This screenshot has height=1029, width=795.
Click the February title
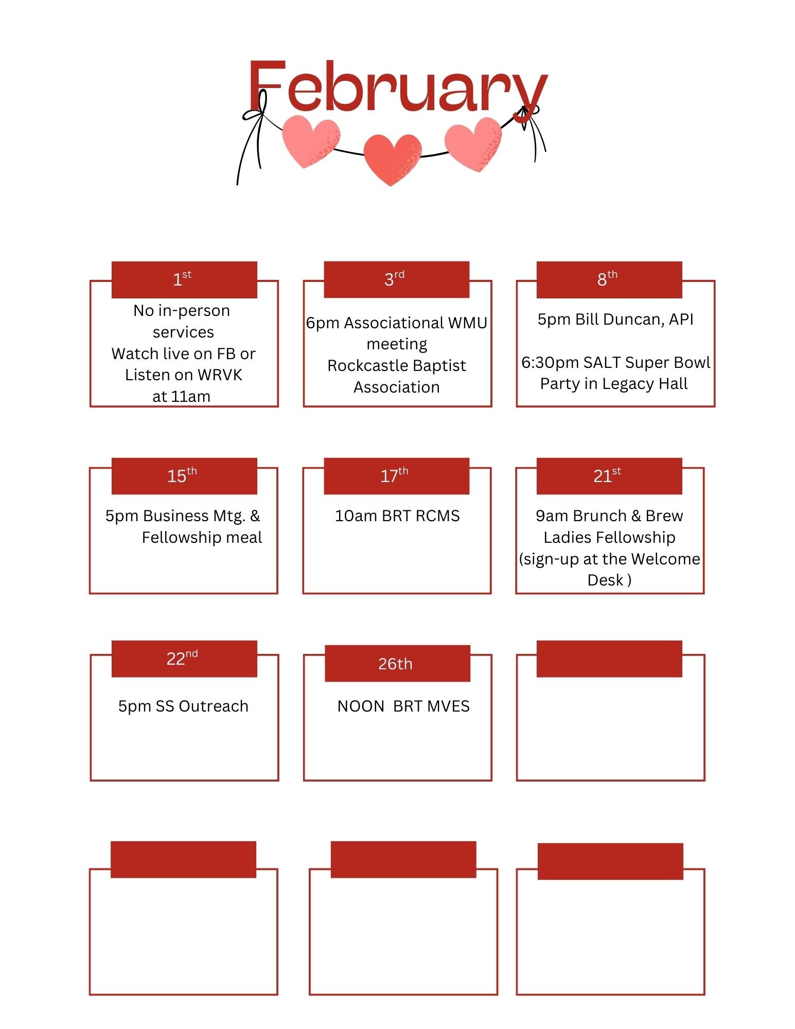[397, 87]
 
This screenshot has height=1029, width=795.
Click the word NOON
[361, 706]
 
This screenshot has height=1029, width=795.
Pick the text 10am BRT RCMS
[397, 516]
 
